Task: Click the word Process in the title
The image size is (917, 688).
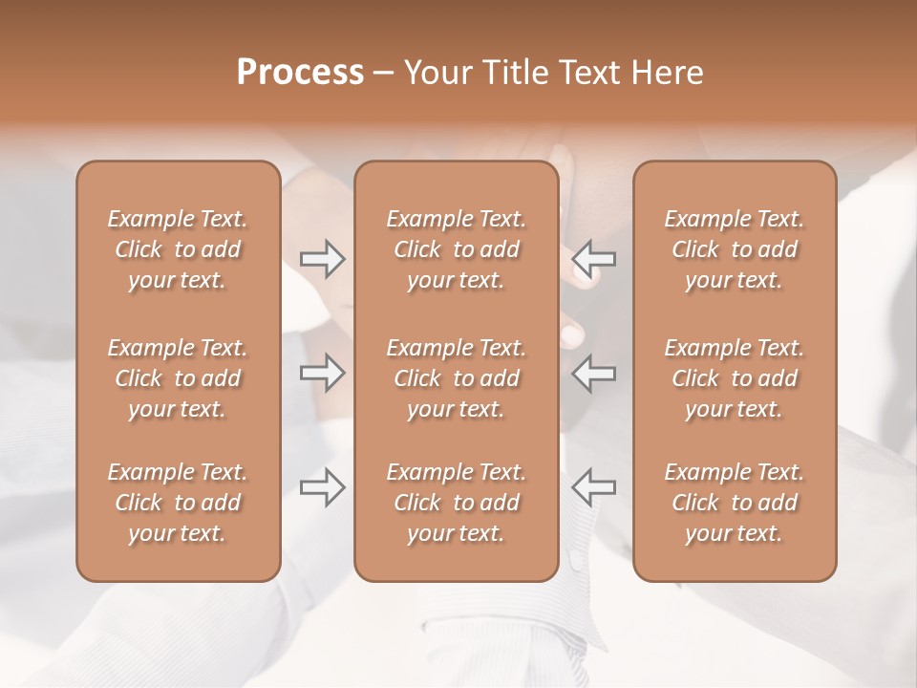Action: (300, 73)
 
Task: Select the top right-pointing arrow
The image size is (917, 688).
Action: (323, 258)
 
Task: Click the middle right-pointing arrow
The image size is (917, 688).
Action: (323, 372)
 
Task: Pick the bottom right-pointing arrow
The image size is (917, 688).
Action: (323, 487)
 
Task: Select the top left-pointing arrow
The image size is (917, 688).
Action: (594, 258)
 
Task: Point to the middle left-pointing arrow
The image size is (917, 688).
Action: (594, 372)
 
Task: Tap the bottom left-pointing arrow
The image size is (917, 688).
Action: (594, 487)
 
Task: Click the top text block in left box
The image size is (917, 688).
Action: (178, 249)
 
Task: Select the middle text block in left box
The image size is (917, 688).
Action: (178, 378)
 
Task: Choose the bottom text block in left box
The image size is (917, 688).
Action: (178, 503)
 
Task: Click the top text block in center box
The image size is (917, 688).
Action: (457, 249)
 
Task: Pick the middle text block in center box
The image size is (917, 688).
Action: (457, 378)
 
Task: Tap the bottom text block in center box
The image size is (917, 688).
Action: (457, 503)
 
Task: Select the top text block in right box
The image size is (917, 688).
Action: (735, 249)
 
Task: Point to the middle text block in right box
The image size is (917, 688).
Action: (735, 378)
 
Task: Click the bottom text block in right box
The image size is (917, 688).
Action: (735, 503)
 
